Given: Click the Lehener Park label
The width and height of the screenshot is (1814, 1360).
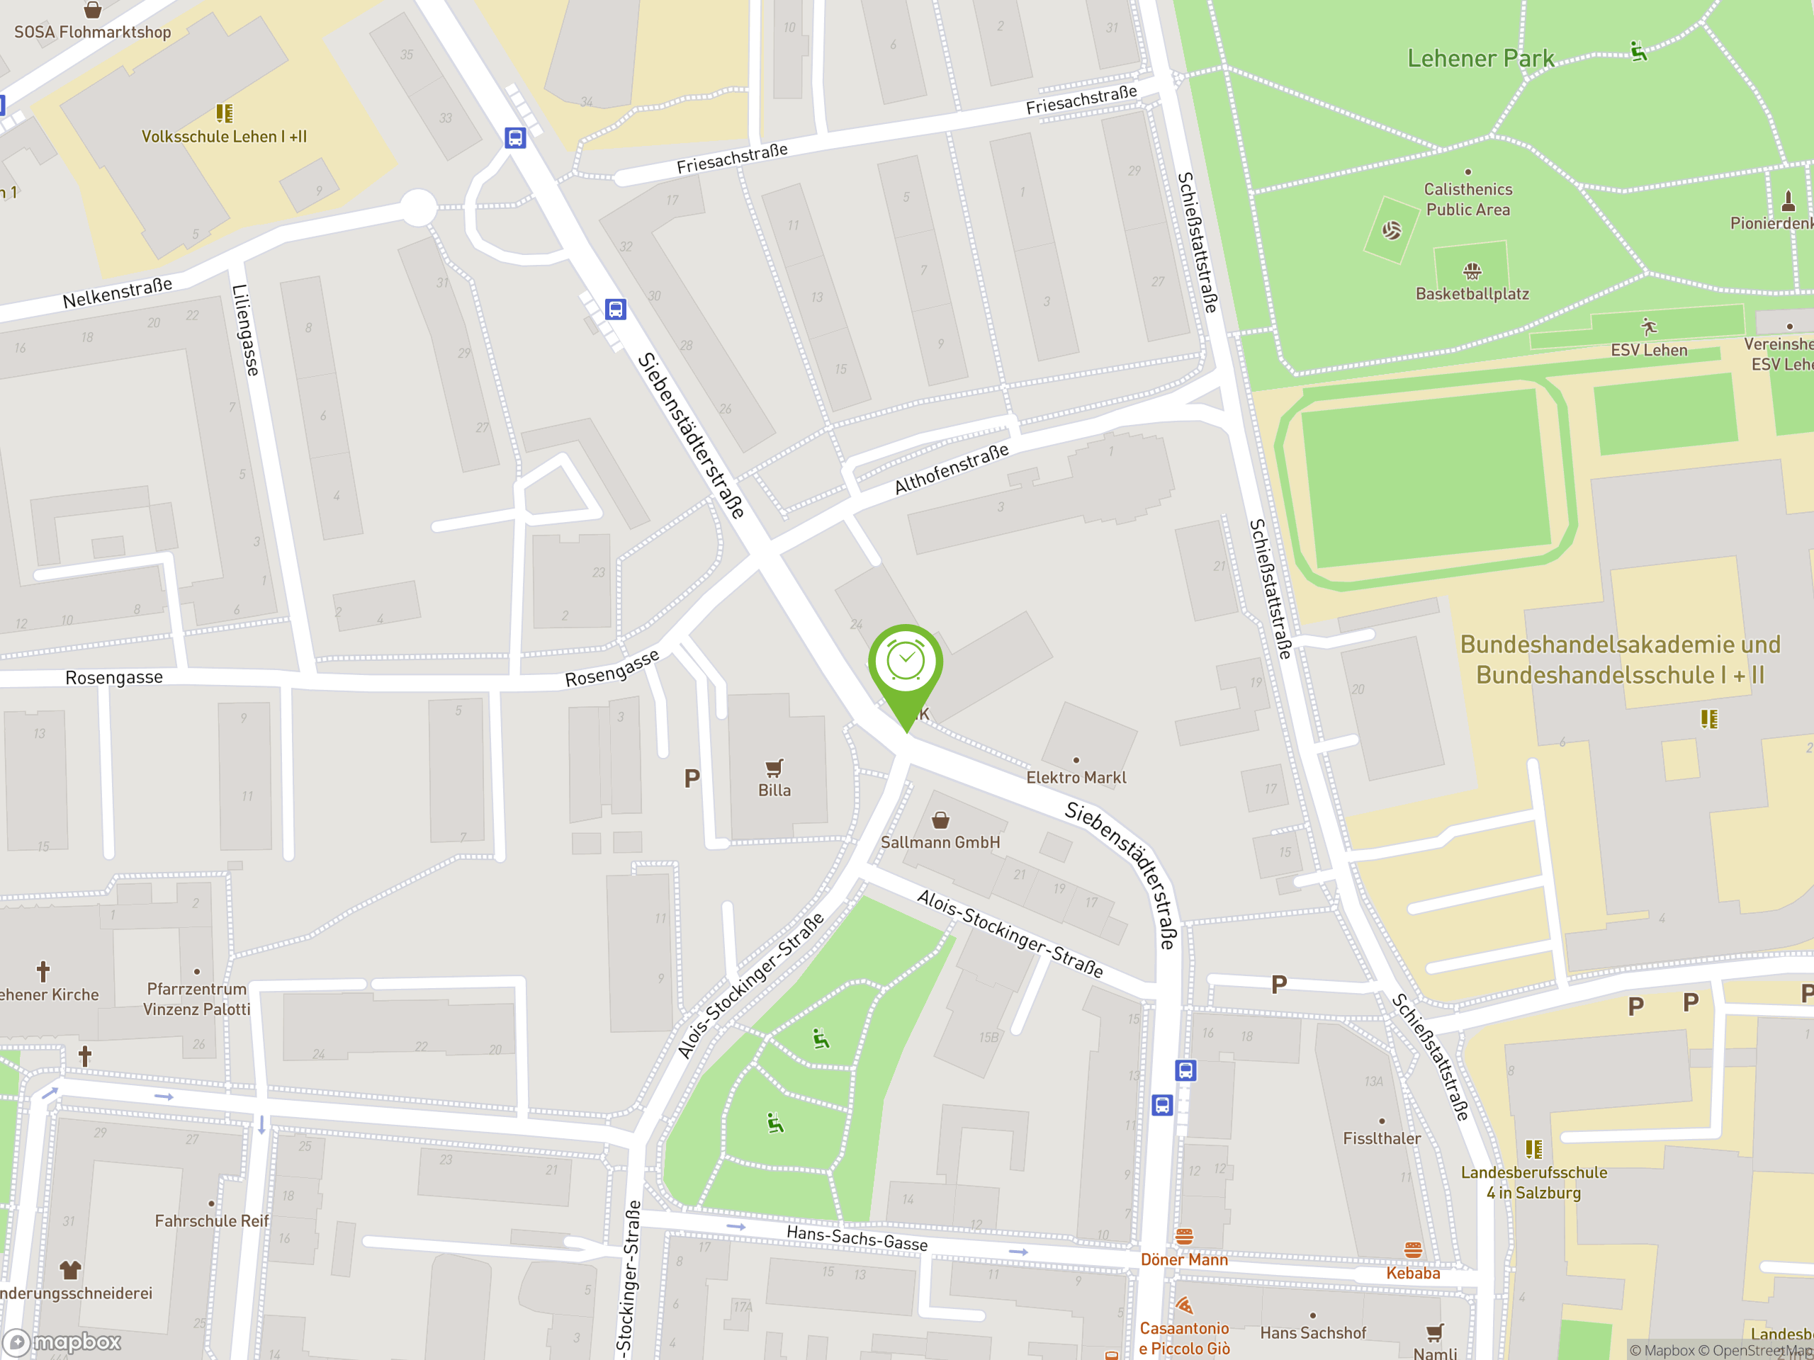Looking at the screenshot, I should pyautogui.click(x=1480, y=59).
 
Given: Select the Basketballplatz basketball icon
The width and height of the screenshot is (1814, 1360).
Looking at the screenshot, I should pyautogui.click(x=1472, y=270).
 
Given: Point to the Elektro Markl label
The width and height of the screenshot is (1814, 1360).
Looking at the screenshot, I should pyautogui.click(x=1076, y=777).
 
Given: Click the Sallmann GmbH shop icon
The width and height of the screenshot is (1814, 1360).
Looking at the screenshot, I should pyautogui.click(x=940, y=820).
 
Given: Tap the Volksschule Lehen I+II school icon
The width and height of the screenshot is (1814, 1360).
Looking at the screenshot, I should pyautogui.click(x=224, y=113).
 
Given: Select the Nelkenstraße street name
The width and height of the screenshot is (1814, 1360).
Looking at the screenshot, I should pyautogui.click(x=117, y=293).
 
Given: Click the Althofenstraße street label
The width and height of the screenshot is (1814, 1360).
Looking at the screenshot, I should pyautogui.click(x=951, y=469).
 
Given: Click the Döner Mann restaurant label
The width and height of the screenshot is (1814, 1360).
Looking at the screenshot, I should pyautogui.click(x=1184, y=1259).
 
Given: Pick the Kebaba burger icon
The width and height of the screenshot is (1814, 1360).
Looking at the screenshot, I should pyautogui.click(x=1413, y=1250).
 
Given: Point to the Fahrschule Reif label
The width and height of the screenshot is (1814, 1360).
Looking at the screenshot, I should pyautogui.click(x=212, y=1220).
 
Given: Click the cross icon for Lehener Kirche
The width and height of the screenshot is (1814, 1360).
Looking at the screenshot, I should pyautogui.click(x=43, y=971).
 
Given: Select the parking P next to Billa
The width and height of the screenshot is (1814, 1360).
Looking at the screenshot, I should pyautogui.click(x=692, y=778).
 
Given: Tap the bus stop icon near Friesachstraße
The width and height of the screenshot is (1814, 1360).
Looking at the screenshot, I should pyautogui.click(x=515, y=137).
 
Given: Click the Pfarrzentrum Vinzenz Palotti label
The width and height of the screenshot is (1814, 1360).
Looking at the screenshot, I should pyautogui.click(x=197, y=999).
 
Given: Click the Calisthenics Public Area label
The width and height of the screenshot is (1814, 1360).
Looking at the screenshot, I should pyautogui.click(x=1468, y=199).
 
